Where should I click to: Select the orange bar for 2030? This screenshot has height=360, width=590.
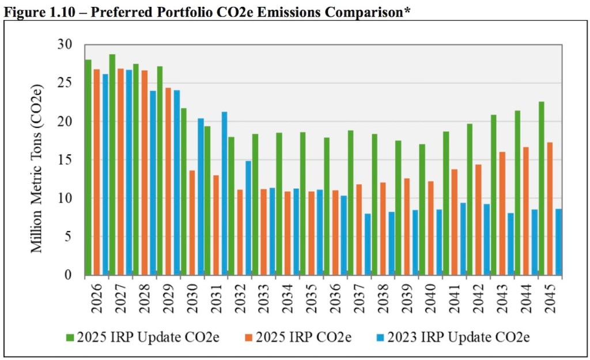point(192,222)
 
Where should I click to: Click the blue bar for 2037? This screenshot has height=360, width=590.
point(367,244)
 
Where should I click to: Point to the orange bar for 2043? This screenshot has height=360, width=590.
point(502,213)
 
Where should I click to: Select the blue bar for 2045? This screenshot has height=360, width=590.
point(558,242)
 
